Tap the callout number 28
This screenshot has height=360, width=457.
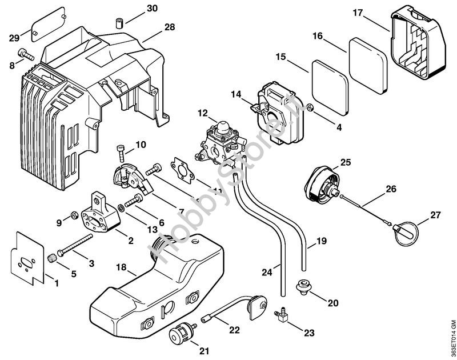click(170, 27)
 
